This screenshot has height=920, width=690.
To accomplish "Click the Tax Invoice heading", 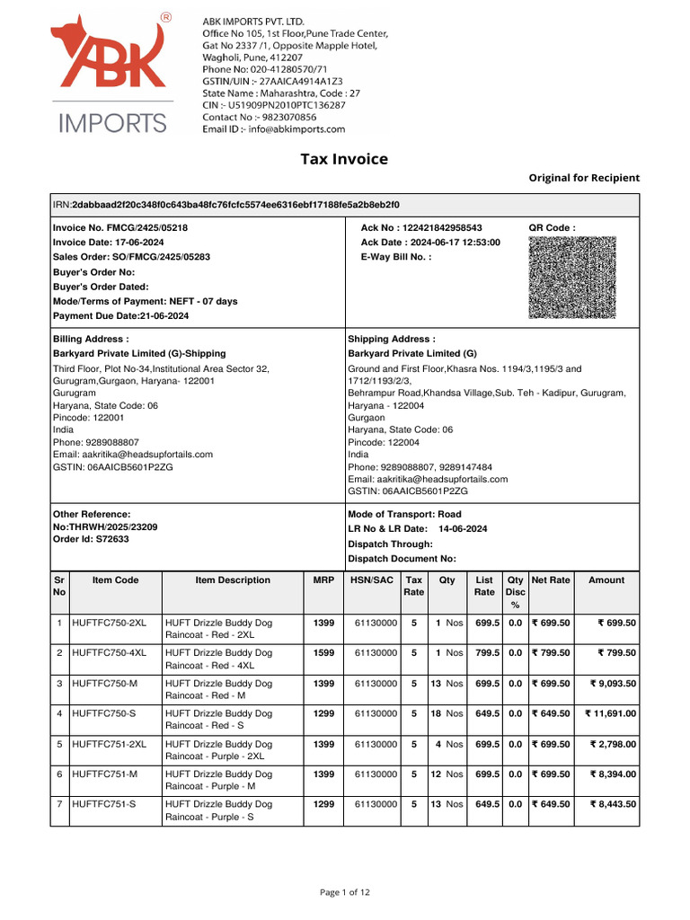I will (x=344, y=160).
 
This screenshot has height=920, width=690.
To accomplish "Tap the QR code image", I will (x=572, y=277).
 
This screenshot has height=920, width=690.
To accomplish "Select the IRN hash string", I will (x=236, y=205).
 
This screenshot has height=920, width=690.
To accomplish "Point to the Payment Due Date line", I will (x=120, y=315).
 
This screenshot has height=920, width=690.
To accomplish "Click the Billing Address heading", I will (x=91, y=339).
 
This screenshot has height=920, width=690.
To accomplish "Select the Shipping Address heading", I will (x=392, y=339).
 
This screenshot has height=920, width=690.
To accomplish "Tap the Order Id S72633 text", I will (x=91, y=539).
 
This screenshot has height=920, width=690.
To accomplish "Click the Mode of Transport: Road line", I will (x=404, y=515).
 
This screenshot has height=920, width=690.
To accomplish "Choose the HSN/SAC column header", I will (x=371, y=580).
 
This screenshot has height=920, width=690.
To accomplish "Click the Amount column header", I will (x=606, y=580).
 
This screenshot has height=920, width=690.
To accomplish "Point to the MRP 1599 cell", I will (x=323, y=653).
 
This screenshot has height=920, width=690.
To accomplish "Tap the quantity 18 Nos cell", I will (x=447, y=713).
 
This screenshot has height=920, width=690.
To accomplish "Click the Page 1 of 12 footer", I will (x=345, y=892).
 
